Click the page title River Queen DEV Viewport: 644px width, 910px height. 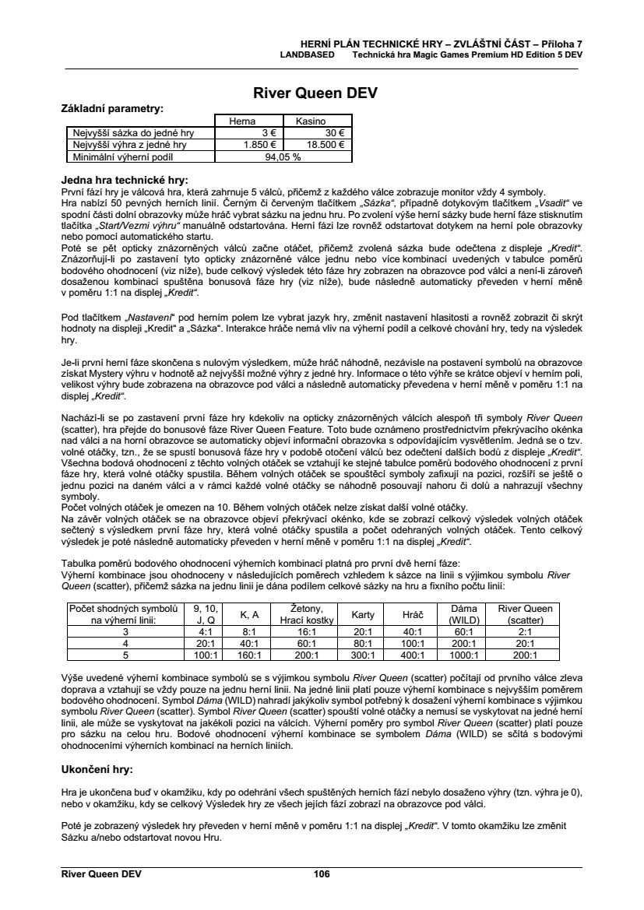(315, 93)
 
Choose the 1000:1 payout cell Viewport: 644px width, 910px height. (464, 655)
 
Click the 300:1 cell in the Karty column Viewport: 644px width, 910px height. (363, 655)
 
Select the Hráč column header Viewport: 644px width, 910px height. (413, 615)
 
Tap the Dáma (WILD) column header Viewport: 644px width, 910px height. (464, 615)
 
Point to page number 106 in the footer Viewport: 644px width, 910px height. (322, 874)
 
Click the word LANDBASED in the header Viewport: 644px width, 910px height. (308, 56)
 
